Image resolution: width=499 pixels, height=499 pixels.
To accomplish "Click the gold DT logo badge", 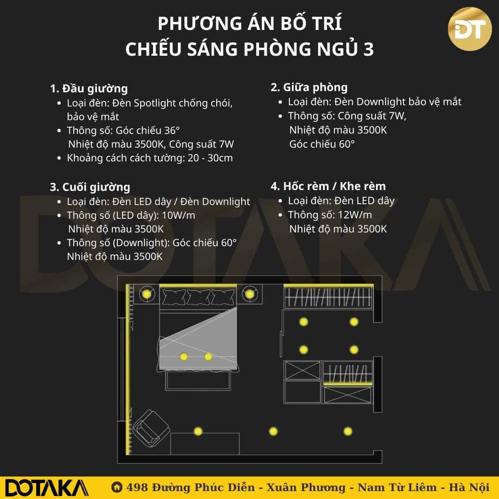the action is coord(469,29).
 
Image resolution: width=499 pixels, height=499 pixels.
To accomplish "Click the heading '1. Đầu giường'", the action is coord(89,89).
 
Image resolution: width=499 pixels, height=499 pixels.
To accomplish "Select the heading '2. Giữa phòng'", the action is coord(309,87).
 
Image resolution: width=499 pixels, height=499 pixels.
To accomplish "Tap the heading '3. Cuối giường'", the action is coord(90,187).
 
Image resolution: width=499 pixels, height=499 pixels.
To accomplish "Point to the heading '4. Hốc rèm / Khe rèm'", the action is coord(328,186).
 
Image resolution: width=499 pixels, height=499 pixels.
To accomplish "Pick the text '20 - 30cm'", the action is coord(210,158).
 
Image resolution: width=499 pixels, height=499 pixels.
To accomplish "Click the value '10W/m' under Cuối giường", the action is coord(178,215).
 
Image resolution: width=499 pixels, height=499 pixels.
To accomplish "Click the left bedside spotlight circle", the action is coord(146,294).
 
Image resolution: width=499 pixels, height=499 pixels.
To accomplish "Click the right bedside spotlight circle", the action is coord(249,294).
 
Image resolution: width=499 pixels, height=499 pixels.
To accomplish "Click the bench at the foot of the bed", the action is coord(198,380).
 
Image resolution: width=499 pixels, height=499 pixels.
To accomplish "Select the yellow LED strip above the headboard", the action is coord(198,286).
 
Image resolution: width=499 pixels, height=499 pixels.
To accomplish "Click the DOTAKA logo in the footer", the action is coord(47,488).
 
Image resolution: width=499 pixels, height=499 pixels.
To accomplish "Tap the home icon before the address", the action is coord(117,487).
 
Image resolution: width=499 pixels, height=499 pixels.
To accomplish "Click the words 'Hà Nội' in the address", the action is coord(469,488).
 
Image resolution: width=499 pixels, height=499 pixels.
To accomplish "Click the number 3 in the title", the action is coord(368,49).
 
